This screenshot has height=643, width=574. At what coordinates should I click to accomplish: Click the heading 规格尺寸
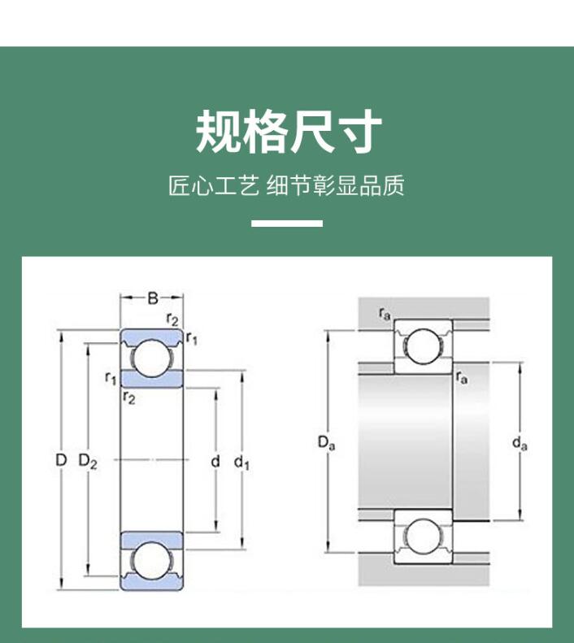[x=288, y=133]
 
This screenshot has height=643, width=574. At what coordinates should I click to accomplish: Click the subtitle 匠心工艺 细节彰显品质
[x=286, y=186]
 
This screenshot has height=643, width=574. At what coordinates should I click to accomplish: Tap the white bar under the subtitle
[x=286, y=223]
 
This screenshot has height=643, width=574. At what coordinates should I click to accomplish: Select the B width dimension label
[x=152, y=298]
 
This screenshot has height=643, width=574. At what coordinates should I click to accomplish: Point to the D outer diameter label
[x=60, y=461]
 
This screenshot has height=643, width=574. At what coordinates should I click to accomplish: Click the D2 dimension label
[x=88, y=462]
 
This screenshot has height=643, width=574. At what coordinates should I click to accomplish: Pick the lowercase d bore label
[x=215, y=462]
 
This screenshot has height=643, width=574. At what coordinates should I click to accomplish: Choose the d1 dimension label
[x=241, y=463]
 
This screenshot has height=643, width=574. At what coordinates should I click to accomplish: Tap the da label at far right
[x=520, y=443]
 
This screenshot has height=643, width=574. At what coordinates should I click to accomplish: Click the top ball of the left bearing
[x=153, y=358]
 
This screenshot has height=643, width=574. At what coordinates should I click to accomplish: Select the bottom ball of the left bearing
[x=153, y=561]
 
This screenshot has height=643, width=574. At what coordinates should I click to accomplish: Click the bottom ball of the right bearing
[x=423, y=536]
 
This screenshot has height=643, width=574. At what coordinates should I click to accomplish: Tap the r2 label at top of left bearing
[x=172, y=319]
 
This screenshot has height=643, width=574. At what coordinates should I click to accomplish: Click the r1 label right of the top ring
[x=192, y=337]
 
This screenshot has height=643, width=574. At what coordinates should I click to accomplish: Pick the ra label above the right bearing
[x=385, y=313]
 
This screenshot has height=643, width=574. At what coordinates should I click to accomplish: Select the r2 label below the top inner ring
[x=128, y=397]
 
